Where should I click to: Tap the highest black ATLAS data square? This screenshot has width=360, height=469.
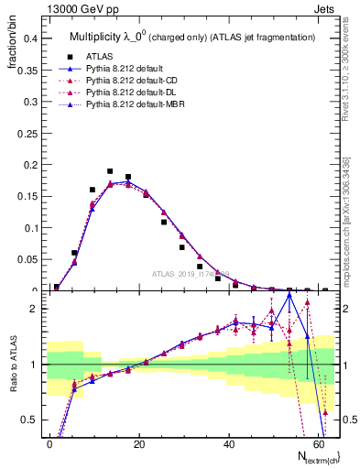110,171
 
